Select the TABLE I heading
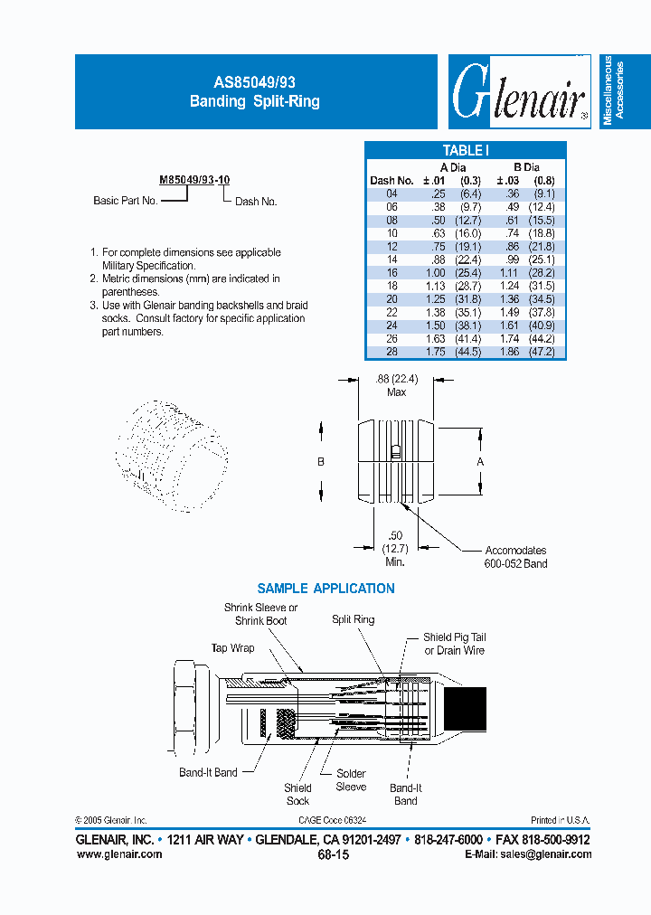coord(466,151)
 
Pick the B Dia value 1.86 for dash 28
coord(511,352)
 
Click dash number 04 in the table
coord(391,193)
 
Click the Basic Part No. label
coord(126,201)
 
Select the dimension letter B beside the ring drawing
coord(321,461)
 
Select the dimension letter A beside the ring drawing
coord(481,461)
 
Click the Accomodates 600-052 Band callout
coord(515,557)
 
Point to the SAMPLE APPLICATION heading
coord(325,589)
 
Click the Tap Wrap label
coord(232,648)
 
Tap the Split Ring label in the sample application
coord(353,619)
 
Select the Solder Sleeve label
coord(351,780)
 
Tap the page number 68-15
coord(333,854)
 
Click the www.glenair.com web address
coord(119,854)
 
